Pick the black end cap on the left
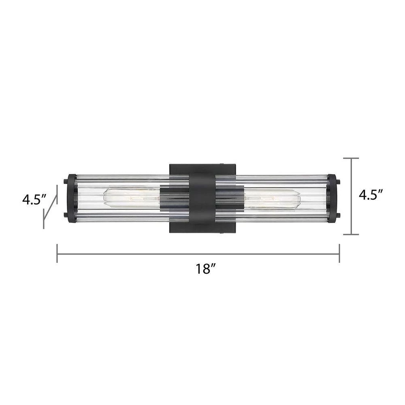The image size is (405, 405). [71, 198]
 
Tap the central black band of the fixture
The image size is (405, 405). [202, 198]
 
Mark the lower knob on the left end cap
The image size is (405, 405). [65, 215]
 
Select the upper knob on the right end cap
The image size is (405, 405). [338, 181]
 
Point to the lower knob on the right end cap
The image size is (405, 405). [338, 215]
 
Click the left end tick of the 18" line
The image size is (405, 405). [57, 254]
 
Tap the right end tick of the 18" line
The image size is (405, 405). [339, 254]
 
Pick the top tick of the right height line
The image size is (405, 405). [351, 158]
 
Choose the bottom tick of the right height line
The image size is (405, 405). [351, 234]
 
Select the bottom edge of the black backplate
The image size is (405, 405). [202, 233]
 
